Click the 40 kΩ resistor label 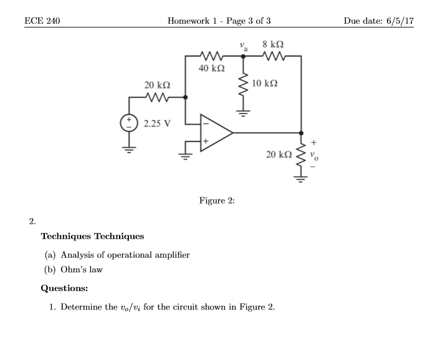(x=212, y=68)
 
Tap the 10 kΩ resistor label (x=265, y=83)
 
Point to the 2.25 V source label (x=156, y=123)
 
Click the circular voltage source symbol (x=130, y=122)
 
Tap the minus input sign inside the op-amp (x=204, y=123)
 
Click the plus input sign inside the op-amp (x=204, y=142)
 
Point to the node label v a (x=243, y=45)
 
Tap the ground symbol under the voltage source (x=130, y=150)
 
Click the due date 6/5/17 (x=397, y=21)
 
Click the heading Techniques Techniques (x=92, y=236)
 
